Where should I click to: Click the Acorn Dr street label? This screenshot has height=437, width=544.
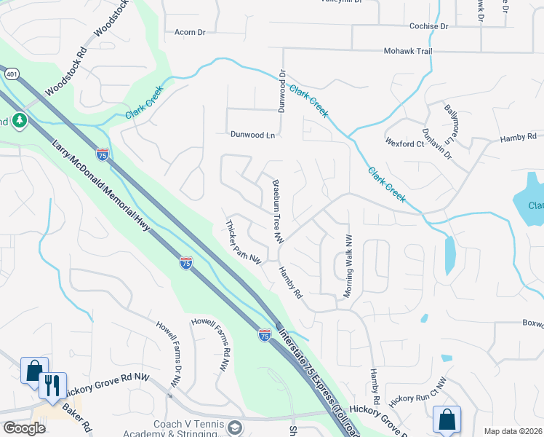tap(191, 32)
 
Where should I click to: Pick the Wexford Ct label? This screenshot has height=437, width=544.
tap(404, 144)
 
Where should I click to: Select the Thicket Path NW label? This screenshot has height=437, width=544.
tap(244, 241)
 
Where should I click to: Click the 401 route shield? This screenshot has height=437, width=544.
tap(12, 73)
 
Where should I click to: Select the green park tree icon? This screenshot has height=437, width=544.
tap(20, 121)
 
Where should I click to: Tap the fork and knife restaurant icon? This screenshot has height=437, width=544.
tap(51, 385)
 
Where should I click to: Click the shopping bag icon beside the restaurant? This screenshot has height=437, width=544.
tap(33, 370)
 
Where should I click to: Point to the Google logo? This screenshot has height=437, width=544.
tap(24, 428)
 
